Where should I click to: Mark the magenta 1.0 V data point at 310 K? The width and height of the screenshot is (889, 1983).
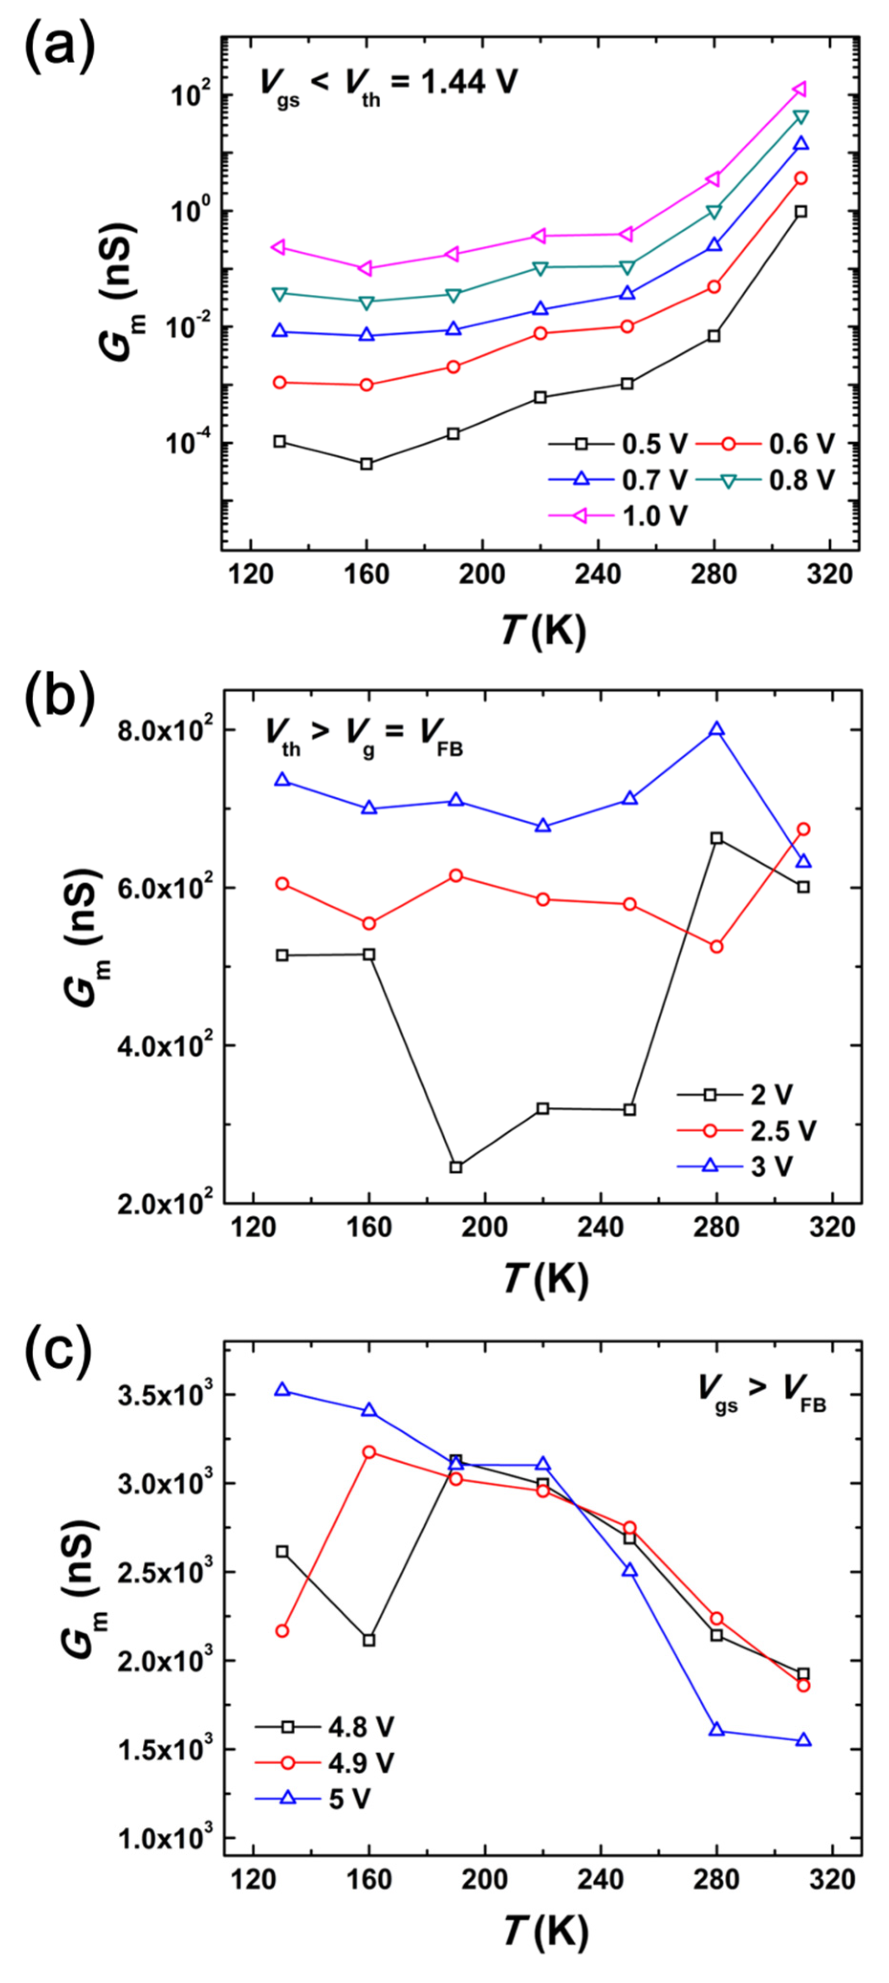800,90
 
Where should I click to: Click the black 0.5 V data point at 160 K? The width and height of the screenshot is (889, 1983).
366,463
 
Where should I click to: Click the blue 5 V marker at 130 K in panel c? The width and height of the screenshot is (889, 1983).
282,1390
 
